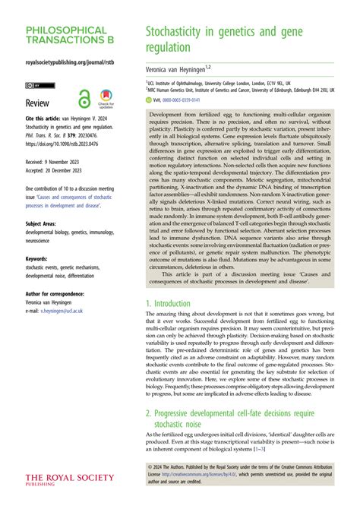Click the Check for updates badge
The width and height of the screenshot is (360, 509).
pyautogui.click(x=106, y=100)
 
